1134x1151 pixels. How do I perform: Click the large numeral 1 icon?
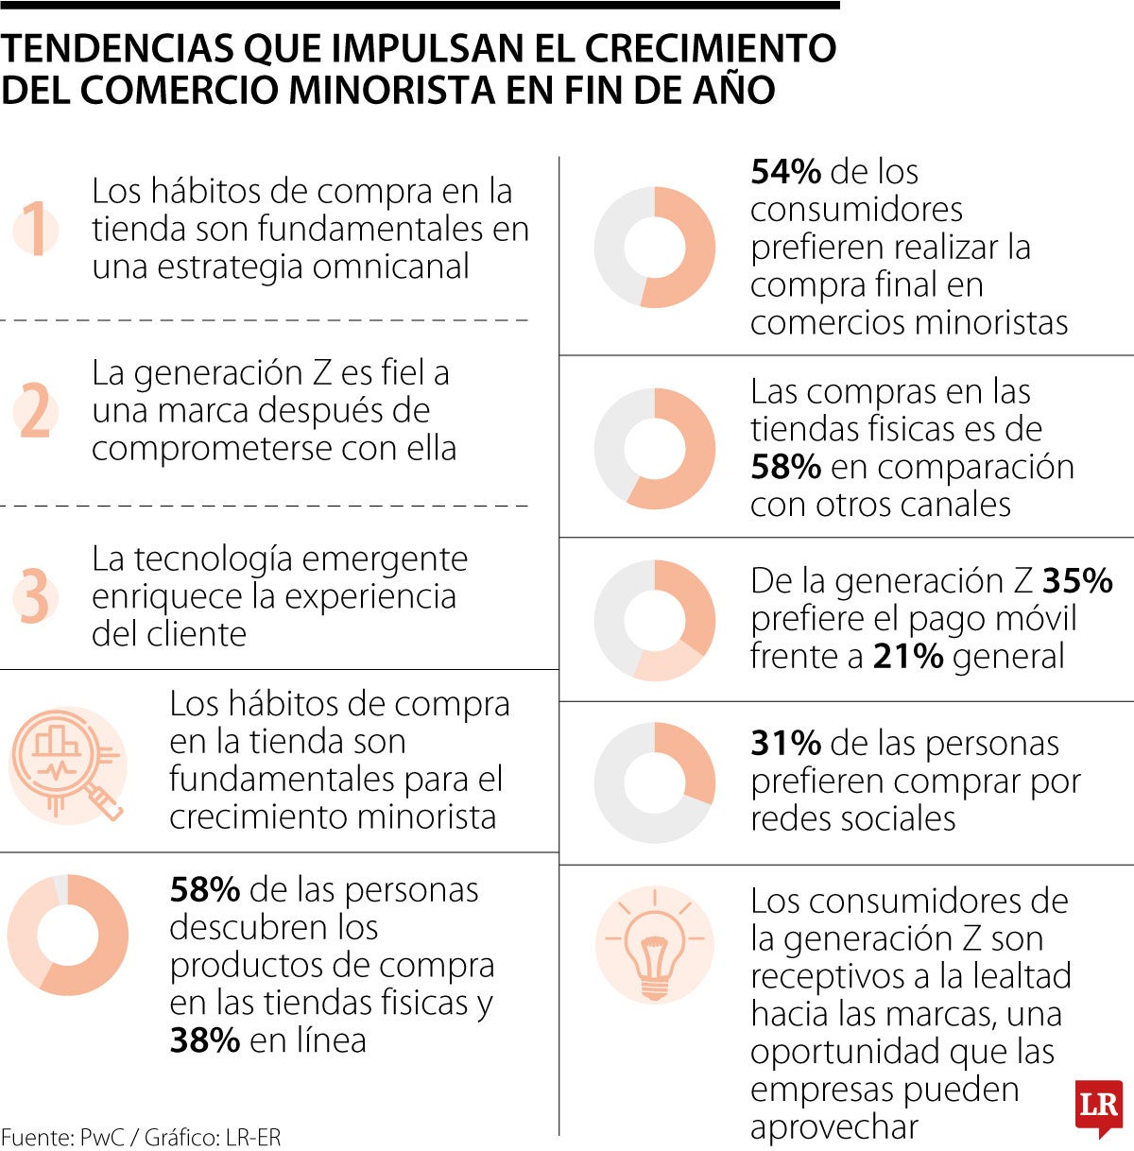[x=36, y=230]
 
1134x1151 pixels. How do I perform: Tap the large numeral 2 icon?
[x=36, y=412]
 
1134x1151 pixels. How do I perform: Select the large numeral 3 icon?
[x=36, y=596]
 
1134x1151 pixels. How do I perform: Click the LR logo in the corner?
[x=1098, y=1107]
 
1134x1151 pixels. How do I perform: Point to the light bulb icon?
[x=654, y=944]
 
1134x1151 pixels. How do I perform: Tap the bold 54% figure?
[x=785, y=172]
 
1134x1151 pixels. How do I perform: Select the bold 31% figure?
[x=785, y=744]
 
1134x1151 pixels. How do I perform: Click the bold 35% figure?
[x=1077, y=581]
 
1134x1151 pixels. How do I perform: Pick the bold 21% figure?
[x=907, y=657]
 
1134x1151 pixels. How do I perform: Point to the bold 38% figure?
[x=204, y=1040]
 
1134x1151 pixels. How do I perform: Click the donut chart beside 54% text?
[x=654, y=248]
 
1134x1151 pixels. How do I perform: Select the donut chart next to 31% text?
[x=654, y=782]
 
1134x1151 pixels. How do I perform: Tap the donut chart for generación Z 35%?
[x=654, y=620]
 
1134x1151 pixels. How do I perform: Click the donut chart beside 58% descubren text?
[x=68, y=935]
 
